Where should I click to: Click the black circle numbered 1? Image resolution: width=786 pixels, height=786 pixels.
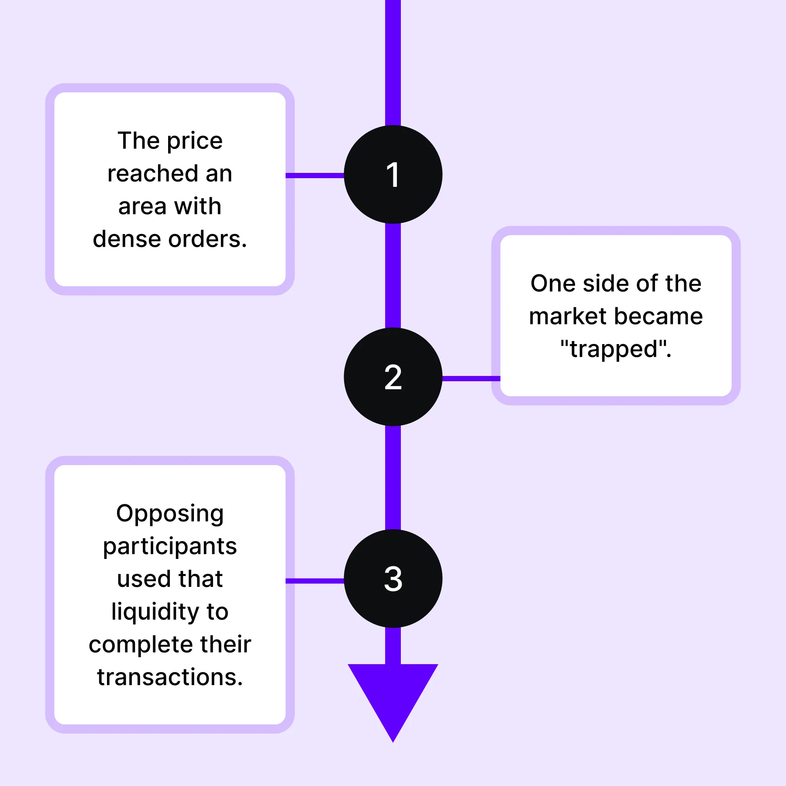pyautogui.click(x=393, y=175)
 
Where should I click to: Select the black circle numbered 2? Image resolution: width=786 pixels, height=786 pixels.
pyautogui.click(x=393, y=377)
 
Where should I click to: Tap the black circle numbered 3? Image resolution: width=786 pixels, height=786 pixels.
pyautogui.click(x=393, y=579)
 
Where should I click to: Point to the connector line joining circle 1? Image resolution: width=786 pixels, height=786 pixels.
pyautogui.click(x=315, y=176)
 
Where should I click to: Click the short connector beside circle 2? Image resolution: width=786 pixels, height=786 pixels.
pyautogui.click(x=471, y=379)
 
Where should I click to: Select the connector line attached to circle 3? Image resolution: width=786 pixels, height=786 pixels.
pyautogui.click(x=315, y=581)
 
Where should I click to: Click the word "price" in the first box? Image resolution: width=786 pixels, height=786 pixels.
pyautogui.click(x=195, y=141)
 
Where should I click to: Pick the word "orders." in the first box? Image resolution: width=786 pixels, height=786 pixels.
pyautogui.click(x=208, y=239)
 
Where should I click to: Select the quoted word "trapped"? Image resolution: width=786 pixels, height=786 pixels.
pyautogui.click(x=616, y=349)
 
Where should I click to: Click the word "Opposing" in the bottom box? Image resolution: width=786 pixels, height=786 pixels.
pyautogui.click(x=170, y=514)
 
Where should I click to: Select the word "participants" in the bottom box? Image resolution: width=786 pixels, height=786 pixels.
pyautogui.click(x=170, y=547)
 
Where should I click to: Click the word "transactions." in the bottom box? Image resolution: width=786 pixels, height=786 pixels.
pyautogui.click(x=170, y=677)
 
